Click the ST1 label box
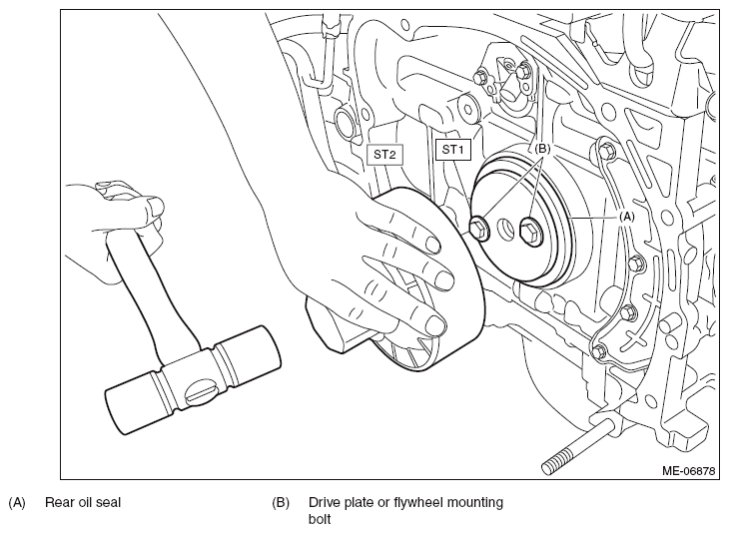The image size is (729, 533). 452,150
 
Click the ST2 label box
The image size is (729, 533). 384,155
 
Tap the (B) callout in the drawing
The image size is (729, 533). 541,149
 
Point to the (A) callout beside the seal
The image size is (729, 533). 626,217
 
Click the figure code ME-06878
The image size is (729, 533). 688,471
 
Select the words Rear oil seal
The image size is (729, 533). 83,502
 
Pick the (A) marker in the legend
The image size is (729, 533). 17,502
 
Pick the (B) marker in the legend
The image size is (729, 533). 281,502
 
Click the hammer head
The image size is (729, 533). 193,379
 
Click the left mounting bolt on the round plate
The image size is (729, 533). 478,229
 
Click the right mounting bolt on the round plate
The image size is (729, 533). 530,230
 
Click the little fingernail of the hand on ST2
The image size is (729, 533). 434,325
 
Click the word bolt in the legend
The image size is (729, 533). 320,518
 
